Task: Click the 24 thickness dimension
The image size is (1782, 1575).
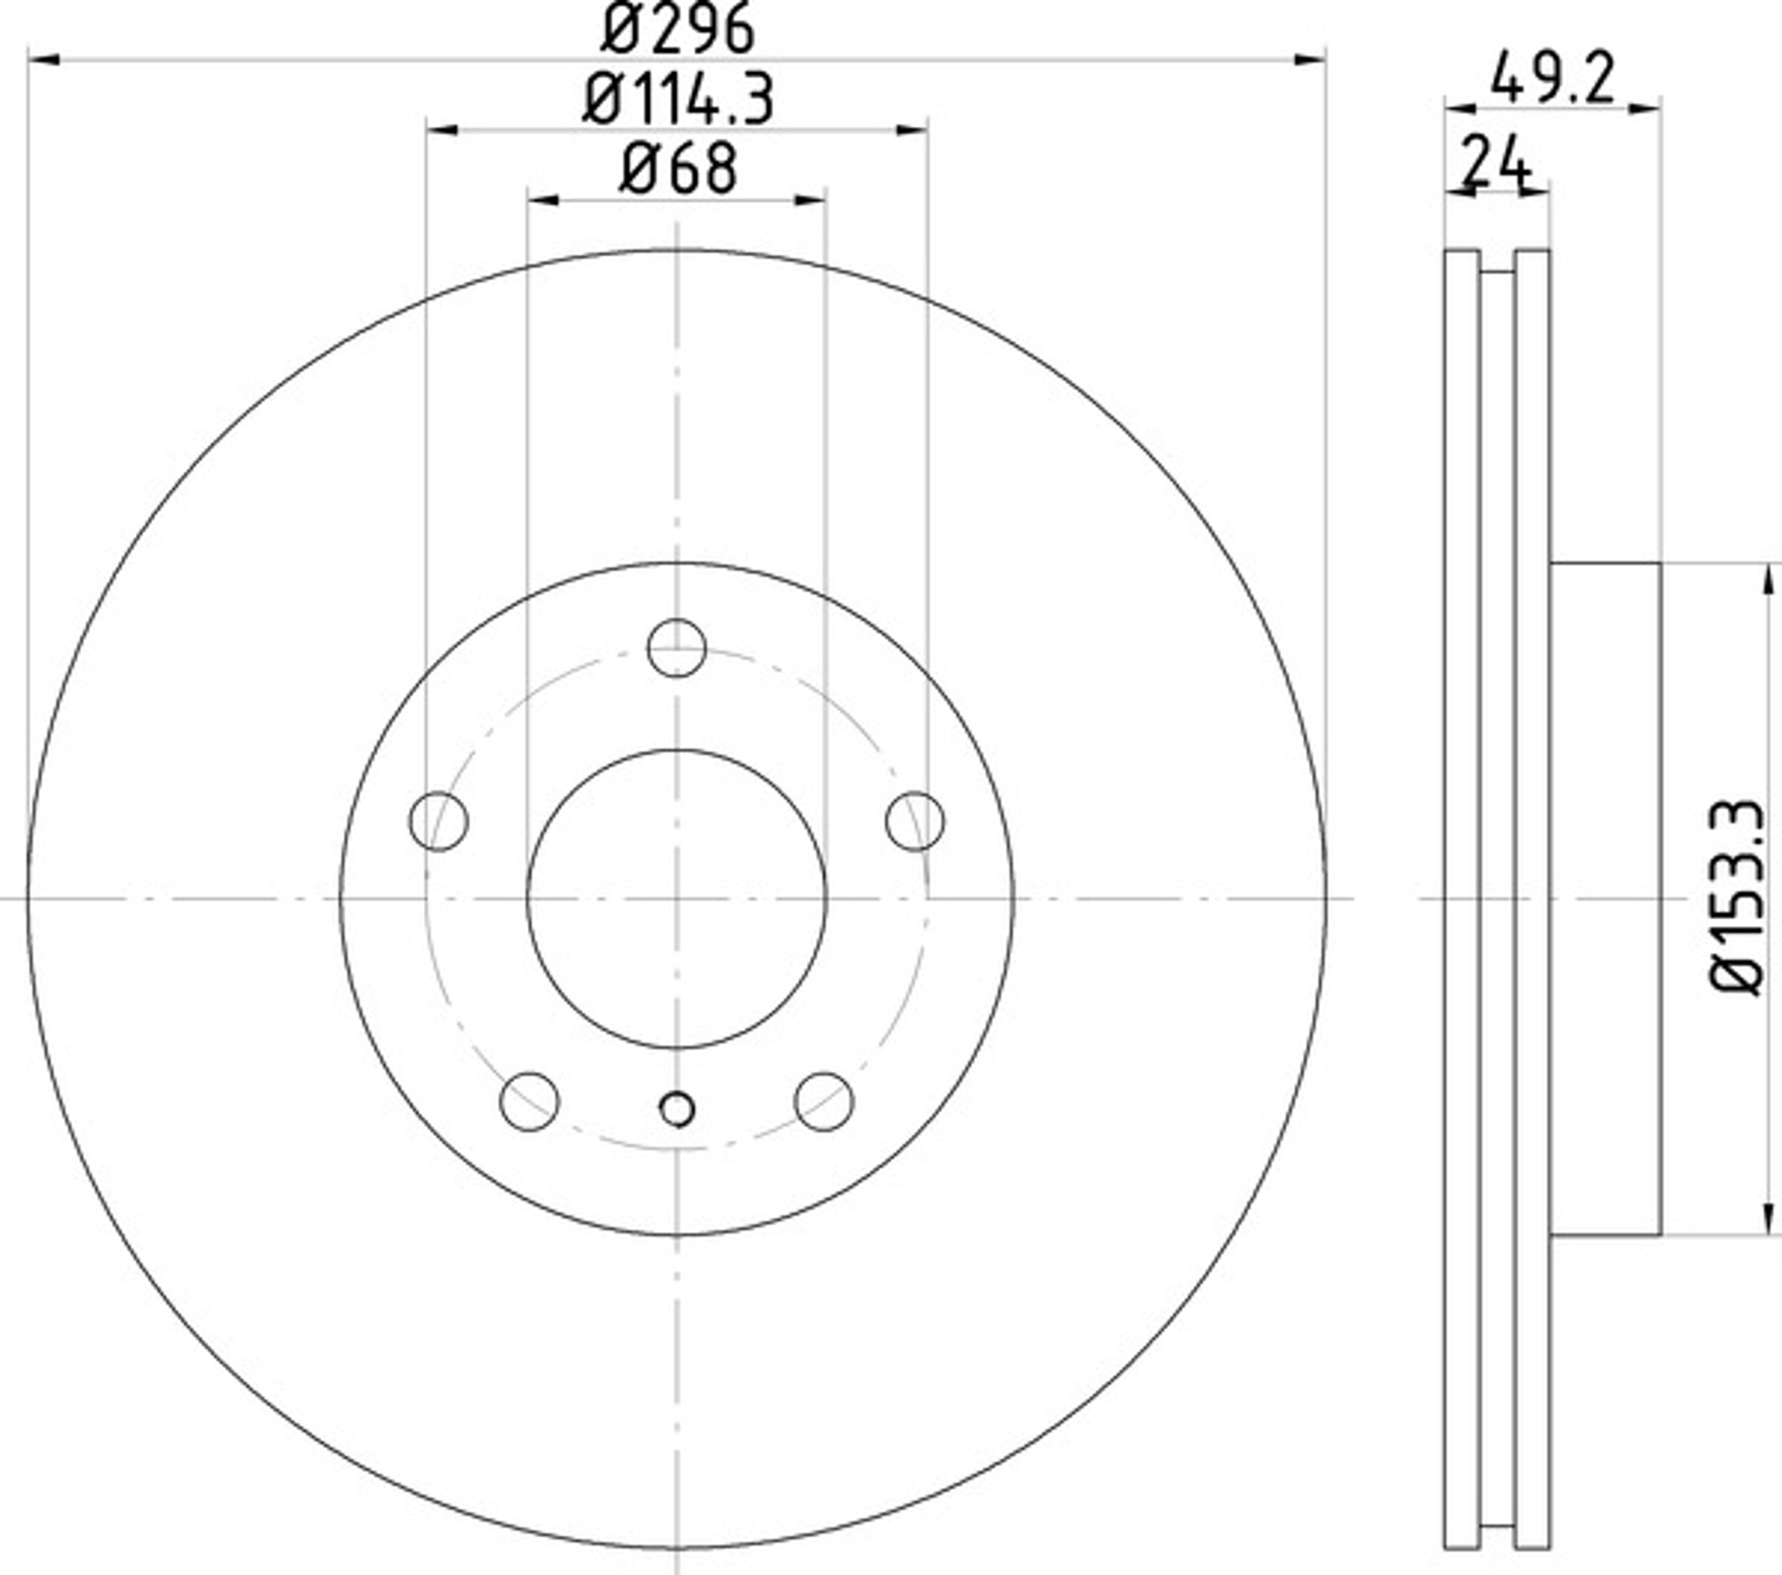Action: pos(1496,162)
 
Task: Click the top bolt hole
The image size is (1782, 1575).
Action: pos(676,648)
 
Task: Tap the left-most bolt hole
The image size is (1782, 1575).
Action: pos(439,822)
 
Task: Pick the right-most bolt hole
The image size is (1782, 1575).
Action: pos(915,822)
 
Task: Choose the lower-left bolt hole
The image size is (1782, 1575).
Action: pos(529,1102)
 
